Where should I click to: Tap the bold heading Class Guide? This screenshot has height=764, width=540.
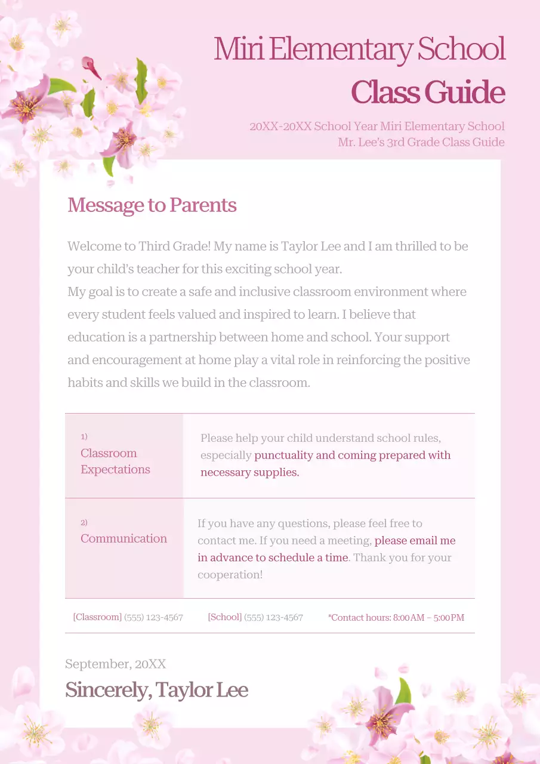point(428,92)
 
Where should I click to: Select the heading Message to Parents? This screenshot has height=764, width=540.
point(152,205)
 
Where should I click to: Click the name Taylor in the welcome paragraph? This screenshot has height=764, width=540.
point(300,246)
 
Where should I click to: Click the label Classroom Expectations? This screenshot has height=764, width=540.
point(115,461)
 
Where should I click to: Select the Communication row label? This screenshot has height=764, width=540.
point(124,538)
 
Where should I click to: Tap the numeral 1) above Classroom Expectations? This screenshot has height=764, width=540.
point(84,436)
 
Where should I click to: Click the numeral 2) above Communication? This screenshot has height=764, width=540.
point(84,522)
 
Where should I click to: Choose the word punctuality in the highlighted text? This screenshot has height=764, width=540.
point(283,455)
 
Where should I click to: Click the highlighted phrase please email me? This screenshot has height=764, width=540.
point(415,541)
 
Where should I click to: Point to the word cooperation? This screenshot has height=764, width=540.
point(230,575)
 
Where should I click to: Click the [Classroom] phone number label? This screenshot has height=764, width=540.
point(97,617)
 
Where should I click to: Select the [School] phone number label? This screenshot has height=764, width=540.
point(224,617)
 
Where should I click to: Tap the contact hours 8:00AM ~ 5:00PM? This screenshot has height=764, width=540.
point(428,618)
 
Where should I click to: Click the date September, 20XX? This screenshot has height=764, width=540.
point(115,664)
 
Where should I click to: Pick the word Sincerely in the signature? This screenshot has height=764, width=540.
point(107,690)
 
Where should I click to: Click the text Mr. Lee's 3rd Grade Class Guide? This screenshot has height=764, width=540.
point(421,142)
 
